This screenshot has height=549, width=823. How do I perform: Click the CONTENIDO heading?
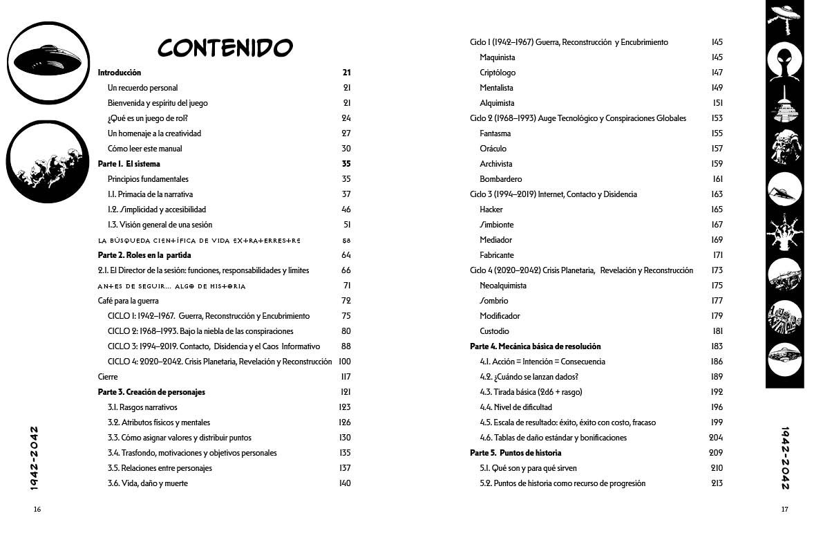pos(225,48)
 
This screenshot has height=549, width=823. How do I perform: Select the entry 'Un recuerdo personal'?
pos(142,88)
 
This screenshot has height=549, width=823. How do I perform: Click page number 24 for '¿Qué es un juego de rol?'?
pos(346,118)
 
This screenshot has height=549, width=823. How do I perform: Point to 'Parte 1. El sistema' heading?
pos(129,164)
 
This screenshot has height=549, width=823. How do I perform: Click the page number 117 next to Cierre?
pos(346,377)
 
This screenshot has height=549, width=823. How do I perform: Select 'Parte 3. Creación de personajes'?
pos(151,392)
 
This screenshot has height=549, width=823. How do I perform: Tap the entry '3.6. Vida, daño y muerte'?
pos(147,483)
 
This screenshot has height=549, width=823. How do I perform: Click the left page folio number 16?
pos(37,510)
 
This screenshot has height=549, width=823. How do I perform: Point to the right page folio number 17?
pos(784,510)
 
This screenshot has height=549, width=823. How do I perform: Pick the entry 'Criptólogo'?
pos(498,73)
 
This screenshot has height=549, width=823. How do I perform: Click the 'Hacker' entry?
pos(491,210)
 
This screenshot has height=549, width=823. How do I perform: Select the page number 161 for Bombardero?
pos(717,179)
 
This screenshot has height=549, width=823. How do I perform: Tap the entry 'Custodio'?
pos(495,331)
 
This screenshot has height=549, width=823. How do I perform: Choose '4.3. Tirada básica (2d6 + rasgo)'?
pos(531,392)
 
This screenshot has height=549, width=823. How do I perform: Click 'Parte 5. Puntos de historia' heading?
pos(515,453)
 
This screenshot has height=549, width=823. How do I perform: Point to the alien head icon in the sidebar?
pos(785,63)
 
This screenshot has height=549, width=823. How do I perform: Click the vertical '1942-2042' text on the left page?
pos(34,458)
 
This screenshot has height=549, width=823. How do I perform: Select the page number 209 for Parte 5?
pos(716,453)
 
